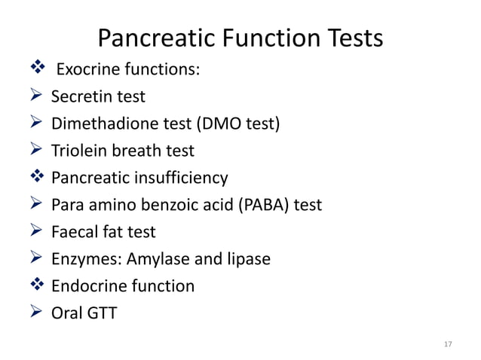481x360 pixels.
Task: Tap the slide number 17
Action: [x=448, y=344]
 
